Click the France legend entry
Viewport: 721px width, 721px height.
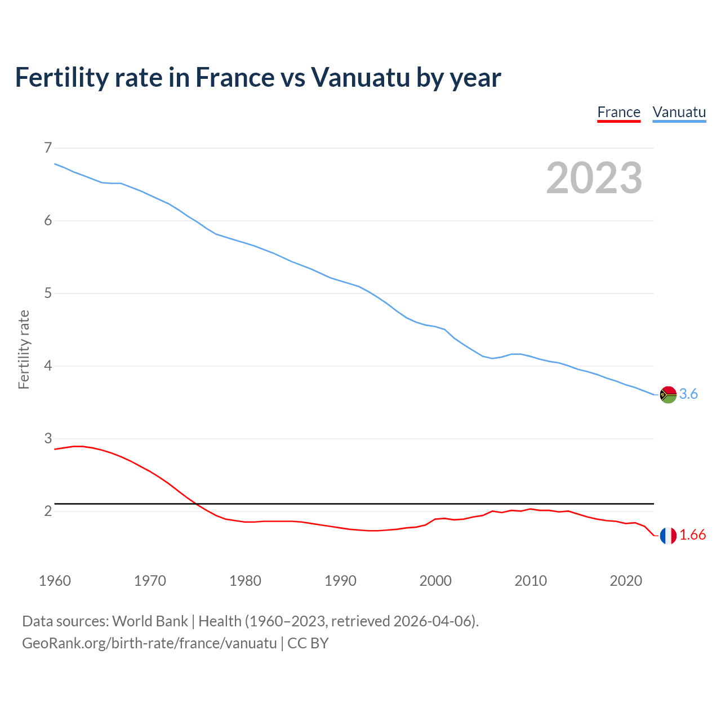pos(618,112)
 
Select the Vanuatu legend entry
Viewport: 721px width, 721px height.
pos(679,112)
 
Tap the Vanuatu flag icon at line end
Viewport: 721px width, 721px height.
pos(668,395)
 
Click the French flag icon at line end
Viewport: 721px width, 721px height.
pos(668,536)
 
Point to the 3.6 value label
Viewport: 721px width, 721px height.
pos(688,394)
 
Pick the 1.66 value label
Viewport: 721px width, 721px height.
pos(692,535)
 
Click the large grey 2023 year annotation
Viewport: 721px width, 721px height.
pos(594,178)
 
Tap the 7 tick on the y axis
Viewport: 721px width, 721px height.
pos(48,148)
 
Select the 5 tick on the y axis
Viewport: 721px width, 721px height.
pos(48,293)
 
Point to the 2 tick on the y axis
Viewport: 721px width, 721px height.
pos(48,511)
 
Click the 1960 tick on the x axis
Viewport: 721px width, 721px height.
pos(55,581)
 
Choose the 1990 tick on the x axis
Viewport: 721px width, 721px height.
pos(340,581)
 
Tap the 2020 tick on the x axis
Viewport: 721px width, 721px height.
pos(626,581)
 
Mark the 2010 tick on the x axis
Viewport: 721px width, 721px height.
pos(531,581)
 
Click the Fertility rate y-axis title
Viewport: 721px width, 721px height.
pos(24,349)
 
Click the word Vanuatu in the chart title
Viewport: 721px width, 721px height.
pos(360,78)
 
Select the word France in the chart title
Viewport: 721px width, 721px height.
pos(234,78)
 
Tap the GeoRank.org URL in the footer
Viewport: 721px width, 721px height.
pos(149,643)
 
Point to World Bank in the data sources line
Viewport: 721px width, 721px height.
pos(150,621)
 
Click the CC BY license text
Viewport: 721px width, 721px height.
pos(308,643)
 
